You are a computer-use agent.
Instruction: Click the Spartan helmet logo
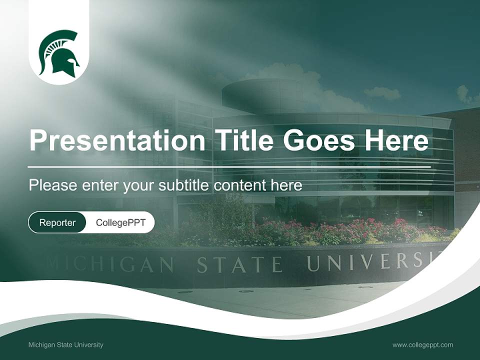(59, 54)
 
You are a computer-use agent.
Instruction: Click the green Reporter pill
(57, 222)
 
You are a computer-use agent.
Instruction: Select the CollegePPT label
(120, 222)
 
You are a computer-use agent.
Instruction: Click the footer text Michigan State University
(66, 345)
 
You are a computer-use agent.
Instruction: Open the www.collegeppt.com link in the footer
(422, 345)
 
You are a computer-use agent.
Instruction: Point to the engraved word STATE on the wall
(239, 264)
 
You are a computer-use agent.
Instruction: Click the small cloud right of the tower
(382, 92)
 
